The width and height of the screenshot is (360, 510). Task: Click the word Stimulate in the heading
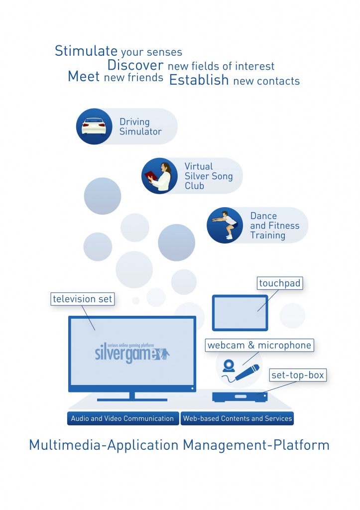(x=86, y=51)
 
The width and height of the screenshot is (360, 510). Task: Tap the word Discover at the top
(x=135, y=65)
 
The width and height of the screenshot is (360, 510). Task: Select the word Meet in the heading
(x=84, y=77)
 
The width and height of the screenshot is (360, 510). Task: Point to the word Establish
(x=199, y=80)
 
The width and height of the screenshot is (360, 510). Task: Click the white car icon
(x=94, y=127)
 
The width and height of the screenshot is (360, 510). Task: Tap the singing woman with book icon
(x=159, y=176)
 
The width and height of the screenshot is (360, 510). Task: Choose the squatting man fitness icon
(x=225, y=225)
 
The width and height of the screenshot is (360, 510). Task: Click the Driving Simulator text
(x=140, y=127)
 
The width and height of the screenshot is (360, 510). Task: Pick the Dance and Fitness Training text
(x=274, y=225)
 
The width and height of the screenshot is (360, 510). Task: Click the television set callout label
(x=83, y=299)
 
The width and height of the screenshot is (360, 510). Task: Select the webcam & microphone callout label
(x=259, y=345)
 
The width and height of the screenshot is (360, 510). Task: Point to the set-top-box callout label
(x=298, y=375)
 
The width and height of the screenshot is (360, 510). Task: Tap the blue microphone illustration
(x=247, y=372)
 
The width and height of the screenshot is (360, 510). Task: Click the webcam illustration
(x=229, y=366)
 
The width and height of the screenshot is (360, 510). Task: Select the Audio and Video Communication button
(x=122, y=418)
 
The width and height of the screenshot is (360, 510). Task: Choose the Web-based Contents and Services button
(x=237, y=418)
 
